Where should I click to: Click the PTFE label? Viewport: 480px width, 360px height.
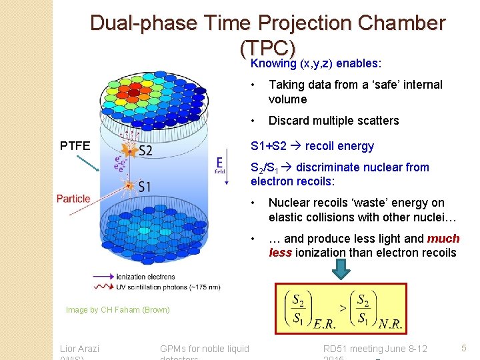(75, 145)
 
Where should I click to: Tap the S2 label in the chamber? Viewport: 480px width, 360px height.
(145, 151)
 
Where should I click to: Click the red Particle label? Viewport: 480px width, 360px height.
(73, 199)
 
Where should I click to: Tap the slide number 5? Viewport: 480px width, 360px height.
(463, 347)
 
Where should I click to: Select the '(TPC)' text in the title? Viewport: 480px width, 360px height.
(267, 48)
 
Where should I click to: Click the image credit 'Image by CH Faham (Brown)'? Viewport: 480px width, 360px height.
(118, 309)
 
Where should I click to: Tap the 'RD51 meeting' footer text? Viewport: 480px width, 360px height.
(353, 348)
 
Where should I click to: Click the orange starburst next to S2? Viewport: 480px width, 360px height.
(129, 151)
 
